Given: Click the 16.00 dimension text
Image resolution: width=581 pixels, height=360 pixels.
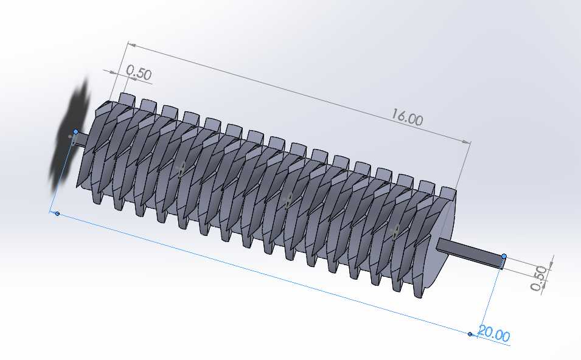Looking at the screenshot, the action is pos(407,117).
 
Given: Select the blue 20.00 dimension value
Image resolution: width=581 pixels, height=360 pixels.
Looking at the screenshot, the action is pos(493,333).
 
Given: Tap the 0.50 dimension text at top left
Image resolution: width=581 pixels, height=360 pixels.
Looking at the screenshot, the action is pos(139,73).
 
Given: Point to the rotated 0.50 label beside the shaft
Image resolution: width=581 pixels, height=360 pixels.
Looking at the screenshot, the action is pos(539,278).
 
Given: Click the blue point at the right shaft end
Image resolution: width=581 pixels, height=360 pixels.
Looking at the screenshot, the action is pos(504,256).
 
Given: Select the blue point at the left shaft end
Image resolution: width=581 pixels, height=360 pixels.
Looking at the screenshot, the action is pos(75,131).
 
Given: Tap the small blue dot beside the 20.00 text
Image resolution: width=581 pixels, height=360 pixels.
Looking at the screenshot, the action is pos(470,334).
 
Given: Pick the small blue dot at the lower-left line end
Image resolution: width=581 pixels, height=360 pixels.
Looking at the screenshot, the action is pos(57,213).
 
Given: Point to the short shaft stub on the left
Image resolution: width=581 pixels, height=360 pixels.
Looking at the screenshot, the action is pos(82,139).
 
